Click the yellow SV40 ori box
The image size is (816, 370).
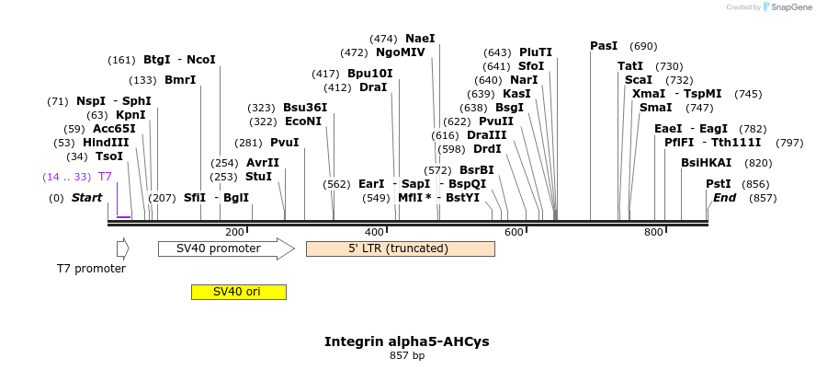pos(238,292)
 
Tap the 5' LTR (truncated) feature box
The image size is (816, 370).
pos(400,249)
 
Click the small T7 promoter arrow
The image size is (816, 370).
pos(122,249)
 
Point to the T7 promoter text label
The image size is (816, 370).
pos(91,269)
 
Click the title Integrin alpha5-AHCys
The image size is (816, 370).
pos(406,341)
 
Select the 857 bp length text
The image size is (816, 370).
pos(406,355)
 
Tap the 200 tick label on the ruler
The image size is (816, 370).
pos(234,232)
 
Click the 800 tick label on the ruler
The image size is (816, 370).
pos(653,232)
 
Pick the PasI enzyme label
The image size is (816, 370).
pos(604,46)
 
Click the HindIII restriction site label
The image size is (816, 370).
pos(105,143)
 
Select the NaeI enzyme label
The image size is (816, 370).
pos(420,39)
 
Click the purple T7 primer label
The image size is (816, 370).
pos(105,176)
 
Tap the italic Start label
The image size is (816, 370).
pos(86,197)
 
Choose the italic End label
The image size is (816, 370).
pos(724,197)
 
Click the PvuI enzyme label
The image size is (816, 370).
pos(284,143)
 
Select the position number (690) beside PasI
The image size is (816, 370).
pos(643,46)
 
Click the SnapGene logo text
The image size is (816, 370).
pos(789,7)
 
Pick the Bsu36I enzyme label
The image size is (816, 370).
pos(304,108)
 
